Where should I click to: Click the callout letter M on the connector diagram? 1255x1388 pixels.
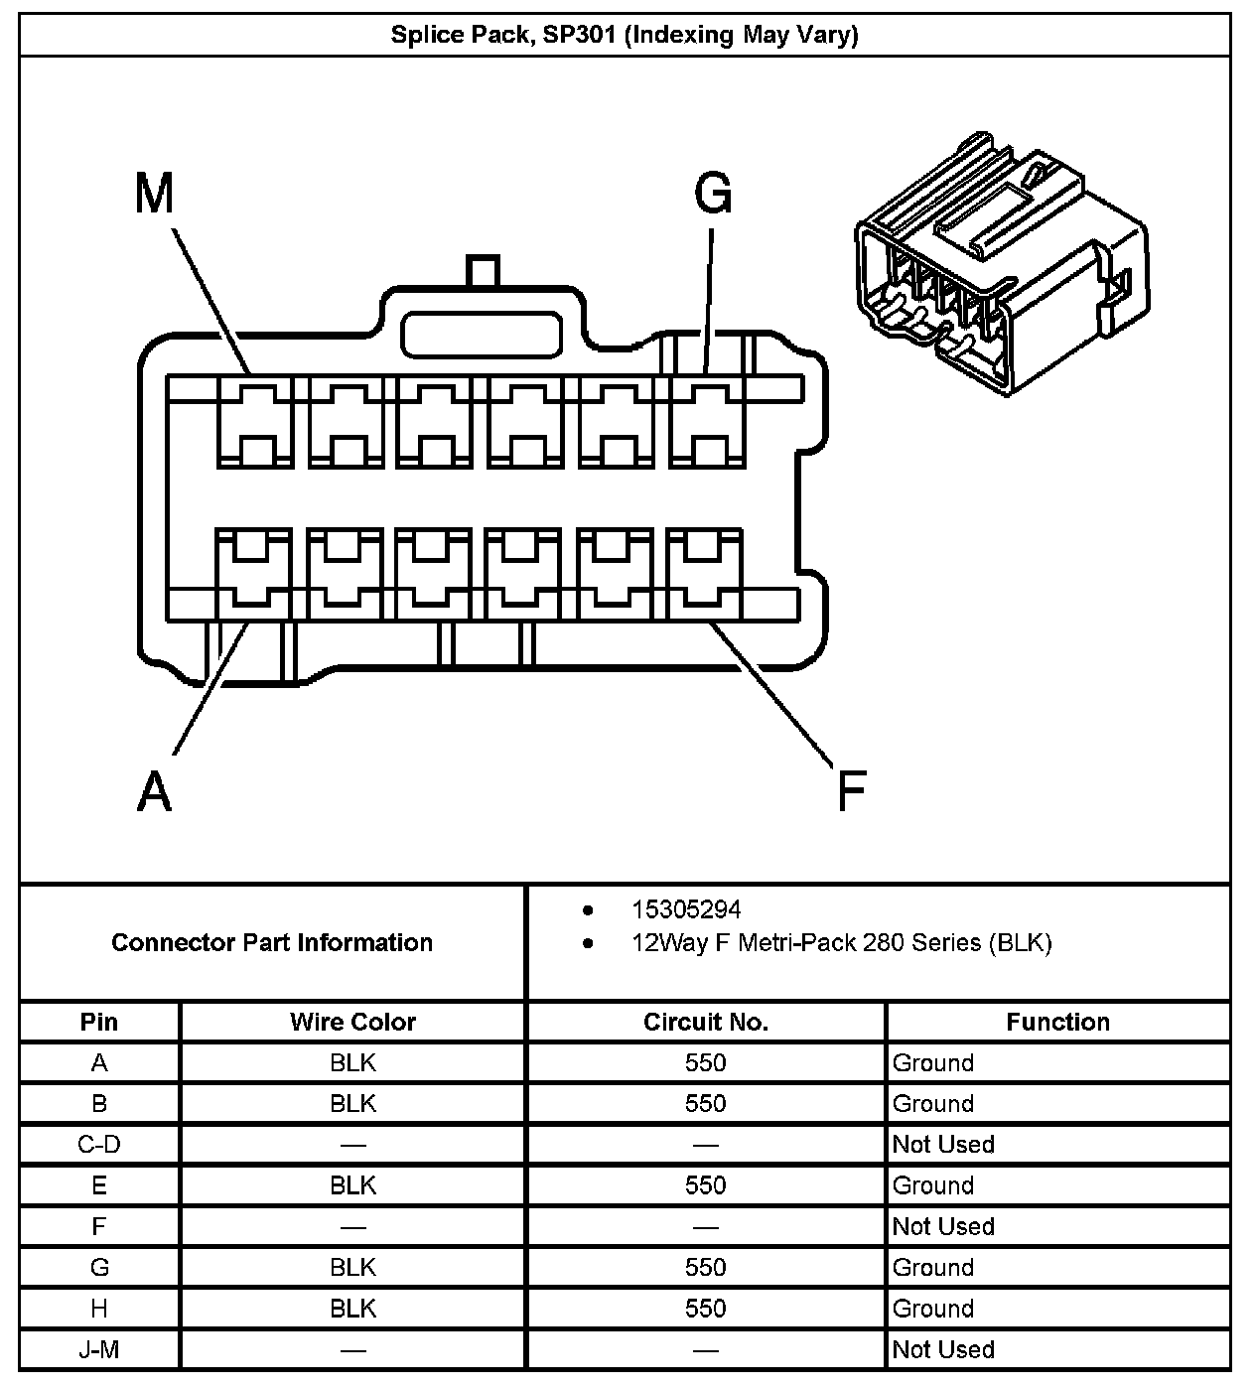coord(154,194)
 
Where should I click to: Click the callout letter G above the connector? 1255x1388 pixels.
coord(713,194)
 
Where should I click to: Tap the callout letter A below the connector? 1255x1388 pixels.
coord(154,791)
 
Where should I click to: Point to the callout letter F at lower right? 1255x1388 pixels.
coord(851,791)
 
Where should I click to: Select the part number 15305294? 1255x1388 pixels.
coord(686,909)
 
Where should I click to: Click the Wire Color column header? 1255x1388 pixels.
coord(352,1022)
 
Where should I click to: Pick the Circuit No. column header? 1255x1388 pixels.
coord(705,1022)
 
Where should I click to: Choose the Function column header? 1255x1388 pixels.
coord(1057,1022)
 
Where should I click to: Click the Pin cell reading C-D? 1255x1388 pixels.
coord(99,1145)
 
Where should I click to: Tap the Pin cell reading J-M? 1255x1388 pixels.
coord(99,1349)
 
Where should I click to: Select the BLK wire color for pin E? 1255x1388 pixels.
coord(352,1185)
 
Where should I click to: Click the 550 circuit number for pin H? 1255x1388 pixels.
coord(705,1309)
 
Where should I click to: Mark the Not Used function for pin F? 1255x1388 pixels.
coord(943,1226)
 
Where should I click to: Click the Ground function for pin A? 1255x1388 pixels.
coord(933,1063)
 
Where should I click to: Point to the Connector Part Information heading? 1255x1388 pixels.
coord(272,942)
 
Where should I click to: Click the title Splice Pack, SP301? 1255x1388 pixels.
coord(625,36)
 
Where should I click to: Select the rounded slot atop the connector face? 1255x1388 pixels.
coord(482,334)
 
